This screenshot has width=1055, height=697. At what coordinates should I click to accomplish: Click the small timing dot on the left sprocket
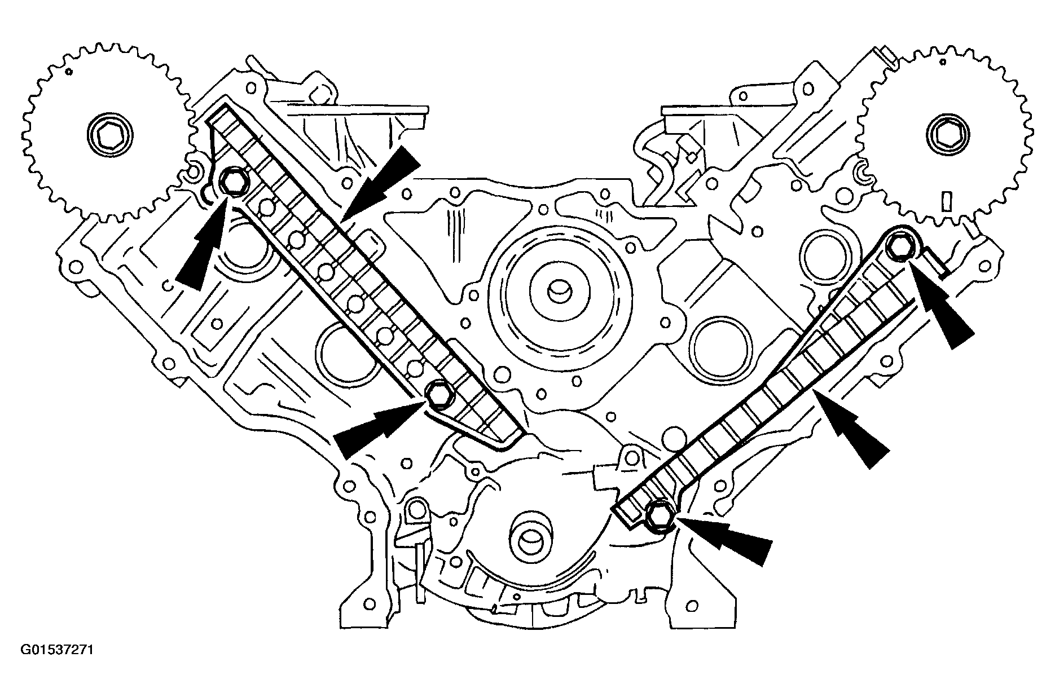68,72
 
